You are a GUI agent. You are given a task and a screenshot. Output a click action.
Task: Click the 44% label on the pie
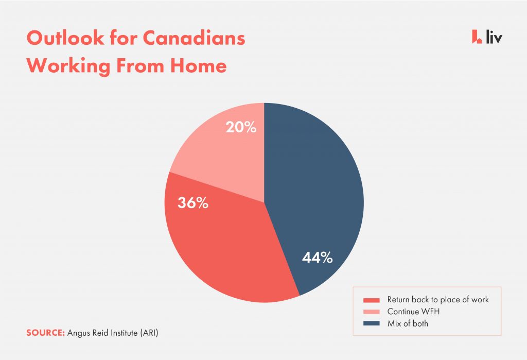pyautogui.click(x=317, y=258)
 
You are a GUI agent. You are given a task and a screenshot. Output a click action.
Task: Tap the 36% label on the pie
pyautogui.click(x=193, y=202)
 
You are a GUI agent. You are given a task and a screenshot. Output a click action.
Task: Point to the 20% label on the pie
pyautogui.click(x=241, y=127)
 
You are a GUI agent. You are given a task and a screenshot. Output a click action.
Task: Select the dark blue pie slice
pyautogui.click(x=316, y=188)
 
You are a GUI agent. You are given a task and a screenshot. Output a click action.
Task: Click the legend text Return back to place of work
pyautogui.click(x=438, y=299)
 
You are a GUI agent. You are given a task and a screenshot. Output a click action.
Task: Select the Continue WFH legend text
pyautogui.click(x=413, y=312)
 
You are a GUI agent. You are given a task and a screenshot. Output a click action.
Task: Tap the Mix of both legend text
pyautogui.click(x=408, y=323)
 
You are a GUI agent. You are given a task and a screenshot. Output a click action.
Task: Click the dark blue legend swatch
pyautogui.click(x=372, y=323)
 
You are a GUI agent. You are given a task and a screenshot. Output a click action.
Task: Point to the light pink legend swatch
pyautogui.click(x=372, y=312)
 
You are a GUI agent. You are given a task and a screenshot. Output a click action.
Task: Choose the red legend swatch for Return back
pyautogui.click(x=372, y=300)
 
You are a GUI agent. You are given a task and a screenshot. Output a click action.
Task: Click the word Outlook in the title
pyautogui.click(x=65, y=38)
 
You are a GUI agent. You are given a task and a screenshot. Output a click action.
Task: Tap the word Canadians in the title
pyautogui.click(x=194, y=38)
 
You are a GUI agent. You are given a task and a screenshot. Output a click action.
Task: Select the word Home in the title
pyautogui.click(x=198, y=65)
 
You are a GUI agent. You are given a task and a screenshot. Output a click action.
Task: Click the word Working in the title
pyautogui.click(x=68, y=66)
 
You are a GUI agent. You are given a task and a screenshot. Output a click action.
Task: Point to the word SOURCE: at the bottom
pyautogui.click(x=45, y=333)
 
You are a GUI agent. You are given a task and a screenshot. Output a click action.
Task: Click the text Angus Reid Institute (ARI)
pyautogui.click(x=113, y=333)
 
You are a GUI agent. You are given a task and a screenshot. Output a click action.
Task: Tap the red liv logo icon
pyautogui.click(x=477, y=37)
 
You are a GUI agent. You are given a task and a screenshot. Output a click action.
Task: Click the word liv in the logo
pyautogui.click(x=494, y=37)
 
